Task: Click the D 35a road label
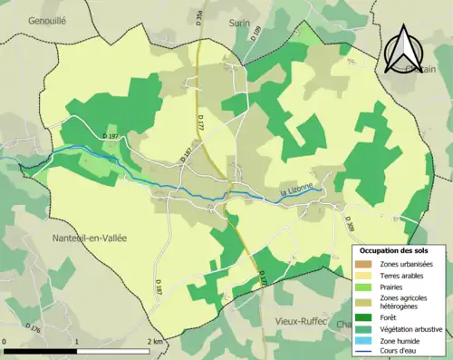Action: point(199,15)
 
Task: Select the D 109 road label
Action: point(257,34)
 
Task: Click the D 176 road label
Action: point(35,328)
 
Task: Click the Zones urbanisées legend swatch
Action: point(369,264)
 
